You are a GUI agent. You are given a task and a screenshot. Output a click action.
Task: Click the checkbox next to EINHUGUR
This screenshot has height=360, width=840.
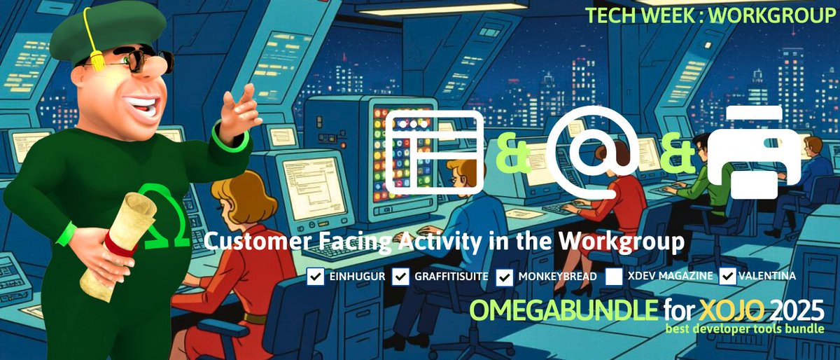(315, 276)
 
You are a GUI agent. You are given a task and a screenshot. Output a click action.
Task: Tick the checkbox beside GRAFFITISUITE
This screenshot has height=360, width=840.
(400, 276)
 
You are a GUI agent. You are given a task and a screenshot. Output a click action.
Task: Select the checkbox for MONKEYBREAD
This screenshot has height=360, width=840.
(505, 276)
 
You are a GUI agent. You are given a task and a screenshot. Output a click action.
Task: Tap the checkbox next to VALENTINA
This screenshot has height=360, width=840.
(728, 276)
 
